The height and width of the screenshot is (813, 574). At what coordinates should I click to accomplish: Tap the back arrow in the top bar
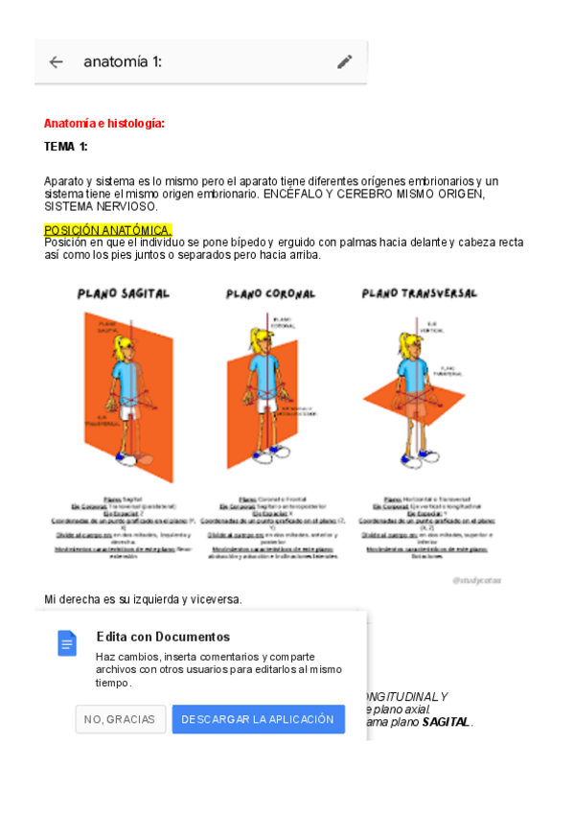[57, 62]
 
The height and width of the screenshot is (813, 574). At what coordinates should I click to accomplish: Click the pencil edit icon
[345, 62]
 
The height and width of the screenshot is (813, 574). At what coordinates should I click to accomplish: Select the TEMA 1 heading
[66, 147]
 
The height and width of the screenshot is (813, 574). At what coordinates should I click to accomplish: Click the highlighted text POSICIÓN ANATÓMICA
[107, 230]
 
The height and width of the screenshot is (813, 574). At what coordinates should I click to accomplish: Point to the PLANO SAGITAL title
[124, 292]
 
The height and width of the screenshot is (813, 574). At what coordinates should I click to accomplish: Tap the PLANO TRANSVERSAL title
[419, 292]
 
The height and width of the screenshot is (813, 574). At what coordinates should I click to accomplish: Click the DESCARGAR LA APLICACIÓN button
[258, 719]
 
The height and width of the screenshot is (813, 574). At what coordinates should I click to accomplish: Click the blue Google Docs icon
[67, 642]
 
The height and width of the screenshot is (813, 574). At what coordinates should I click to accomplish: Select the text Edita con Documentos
[163, 637]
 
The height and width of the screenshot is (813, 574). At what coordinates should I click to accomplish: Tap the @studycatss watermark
[476, 580]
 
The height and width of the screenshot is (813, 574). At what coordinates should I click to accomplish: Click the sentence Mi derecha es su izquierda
[143, 600]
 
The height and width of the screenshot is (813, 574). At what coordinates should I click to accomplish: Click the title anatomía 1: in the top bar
[123, 62]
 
